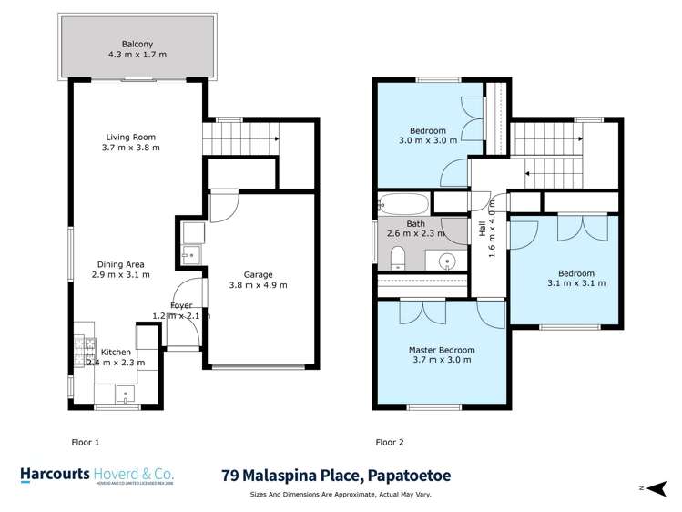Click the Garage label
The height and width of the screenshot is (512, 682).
pos(260,273)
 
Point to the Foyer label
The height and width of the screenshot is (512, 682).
pos(181,304)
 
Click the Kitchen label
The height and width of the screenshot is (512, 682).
pos(116,352)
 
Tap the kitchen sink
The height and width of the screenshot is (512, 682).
pos(123,393)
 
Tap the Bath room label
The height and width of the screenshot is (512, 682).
pos(415,223)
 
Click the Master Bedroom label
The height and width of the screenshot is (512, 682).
pos(441,349)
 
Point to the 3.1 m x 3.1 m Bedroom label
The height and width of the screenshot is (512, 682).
pos(575,273)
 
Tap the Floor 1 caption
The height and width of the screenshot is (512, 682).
pos(85,442)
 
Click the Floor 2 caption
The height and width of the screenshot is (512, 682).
pos(389,442)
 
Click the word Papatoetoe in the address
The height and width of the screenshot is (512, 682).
pos(400,476)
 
